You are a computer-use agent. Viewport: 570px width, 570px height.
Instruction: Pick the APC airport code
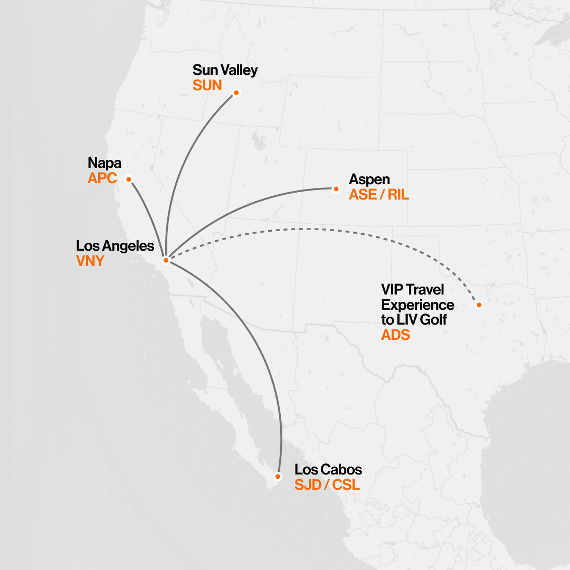click(x=102, y=178)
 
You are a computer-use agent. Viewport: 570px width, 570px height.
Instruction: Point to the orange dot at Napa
click(x=129, y=179)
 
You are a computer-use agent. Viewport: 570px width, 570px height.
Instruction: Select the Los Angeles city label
click(x=115, y=246)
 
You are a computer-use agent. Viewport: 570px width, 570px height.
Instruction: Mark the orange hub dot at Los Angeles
click(x=166, y=260)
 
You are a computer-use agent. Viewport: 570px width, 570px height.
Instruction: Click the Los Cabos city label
click(x=328, y=470)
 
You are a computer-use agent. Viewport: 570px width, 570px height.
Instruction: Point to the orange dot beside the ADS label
click(x=479, y=305)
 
